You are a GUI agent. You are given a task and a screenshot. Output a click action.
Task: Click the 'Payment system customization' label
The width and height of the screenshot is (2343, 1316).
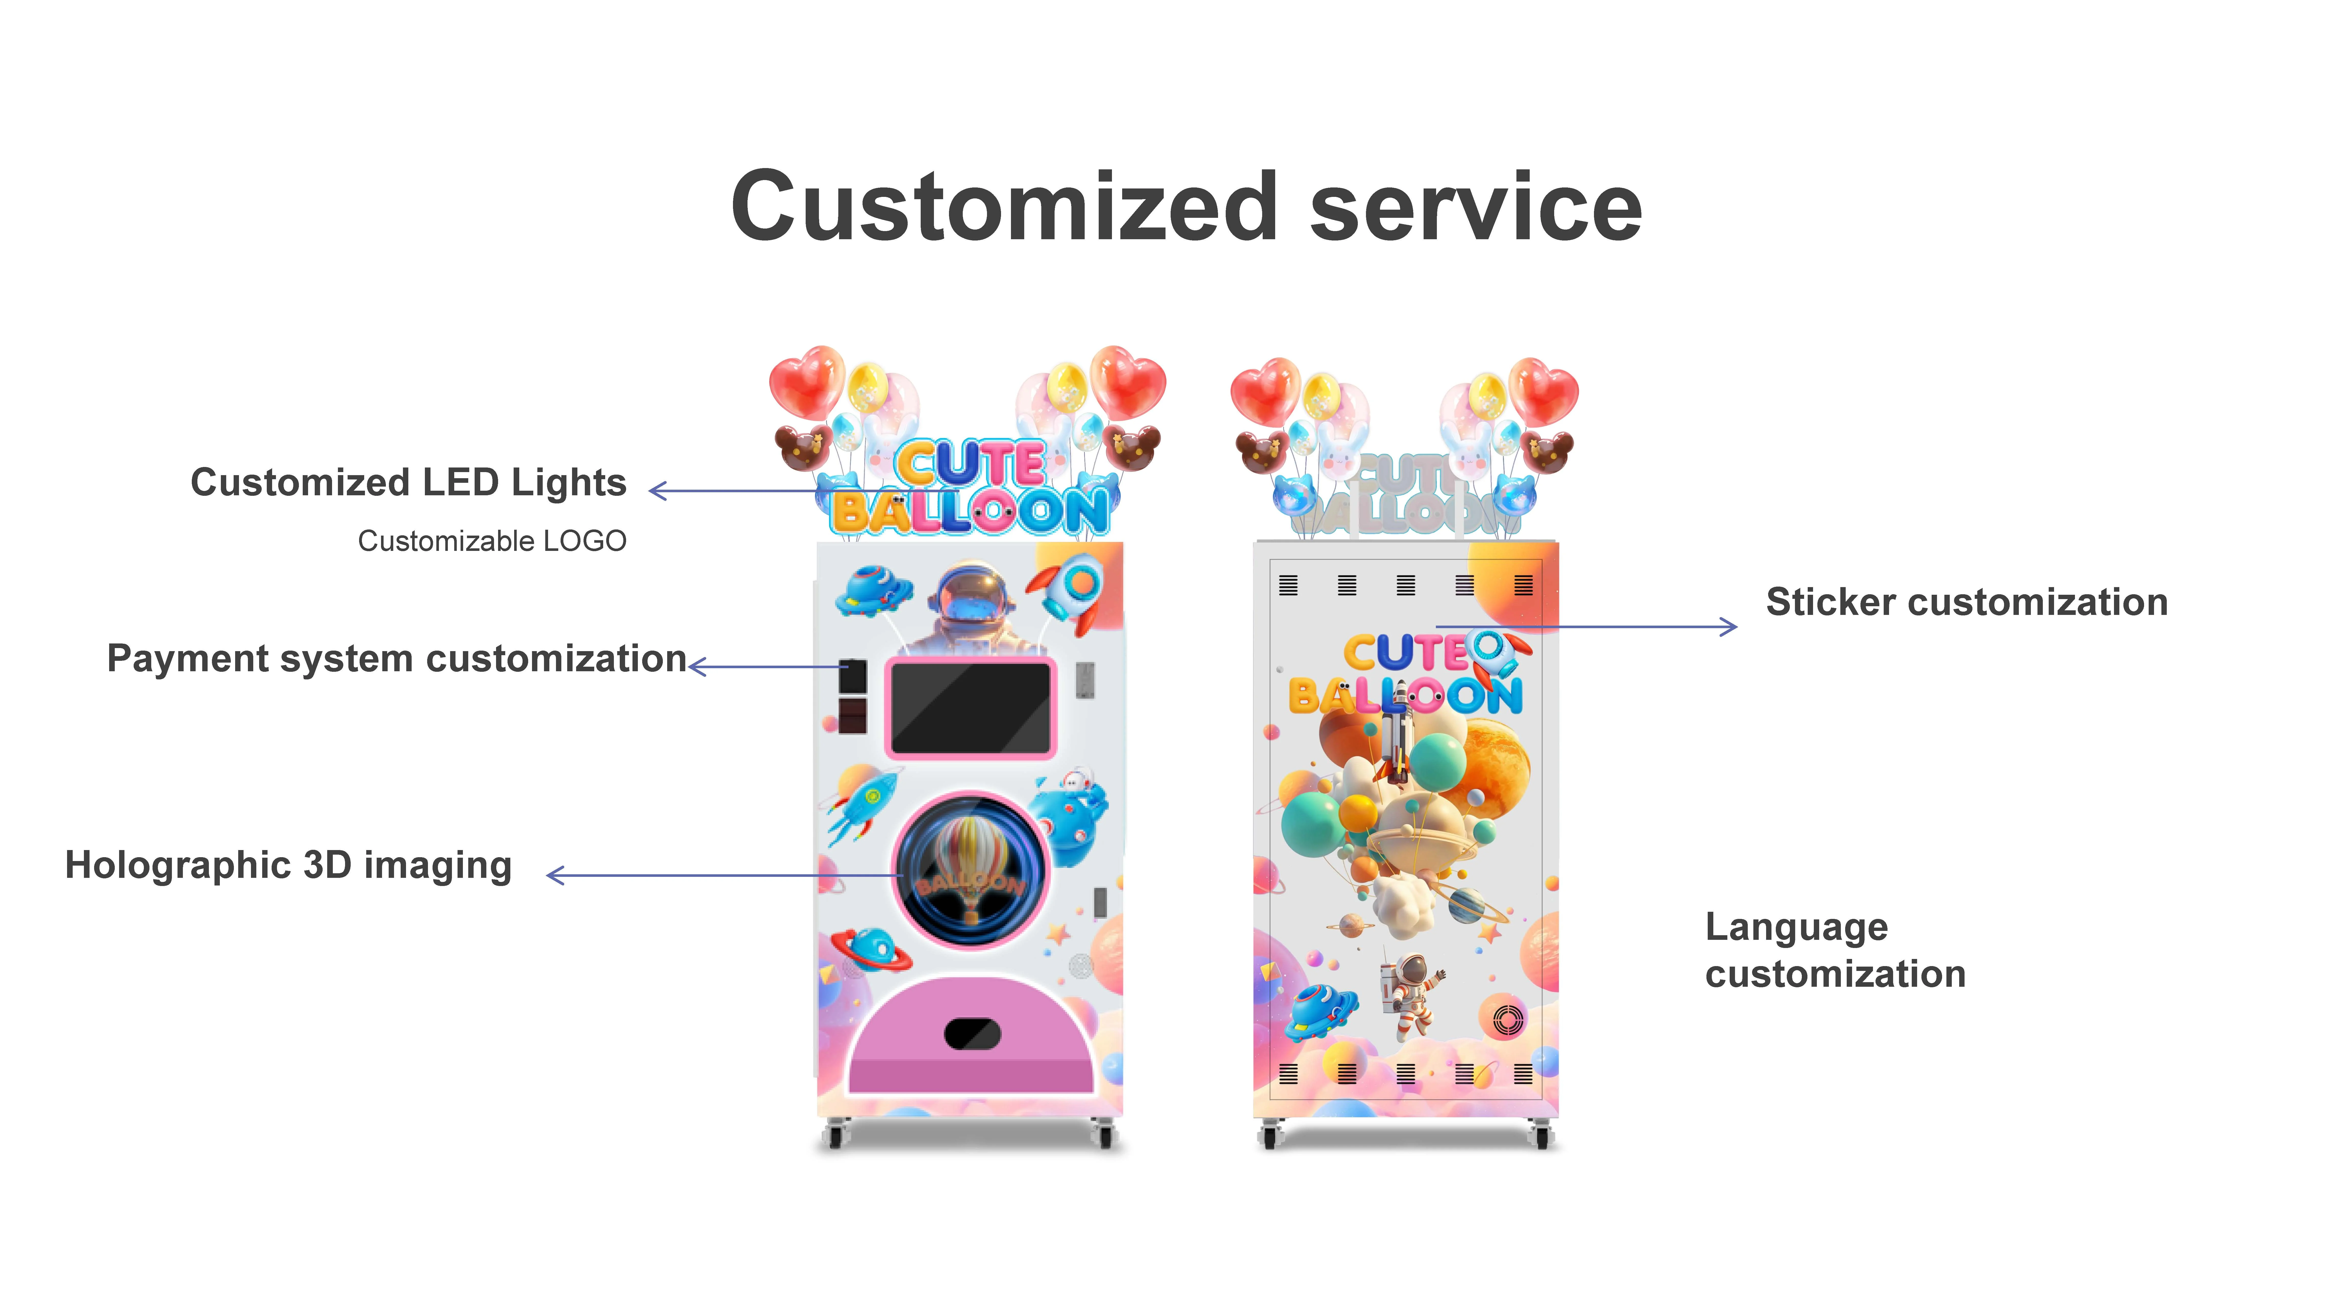tap(397, 659)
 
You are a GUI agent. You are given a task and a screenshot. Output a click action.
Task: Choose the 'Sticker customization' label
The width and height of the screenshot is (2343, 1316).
tap(1967, 602)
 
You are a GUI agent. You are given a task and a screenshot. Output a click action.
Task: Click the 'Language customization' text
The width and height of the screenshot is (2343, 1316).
tap(1834, 950)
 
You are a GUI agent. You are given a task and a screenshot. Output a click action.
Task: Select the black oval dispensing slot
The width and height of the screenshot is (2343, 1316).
tap(972, 1033)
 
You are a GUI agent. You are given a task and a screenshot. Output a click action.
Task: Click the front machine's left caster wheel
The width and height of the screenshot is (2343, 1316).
tap(835, 1135)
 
